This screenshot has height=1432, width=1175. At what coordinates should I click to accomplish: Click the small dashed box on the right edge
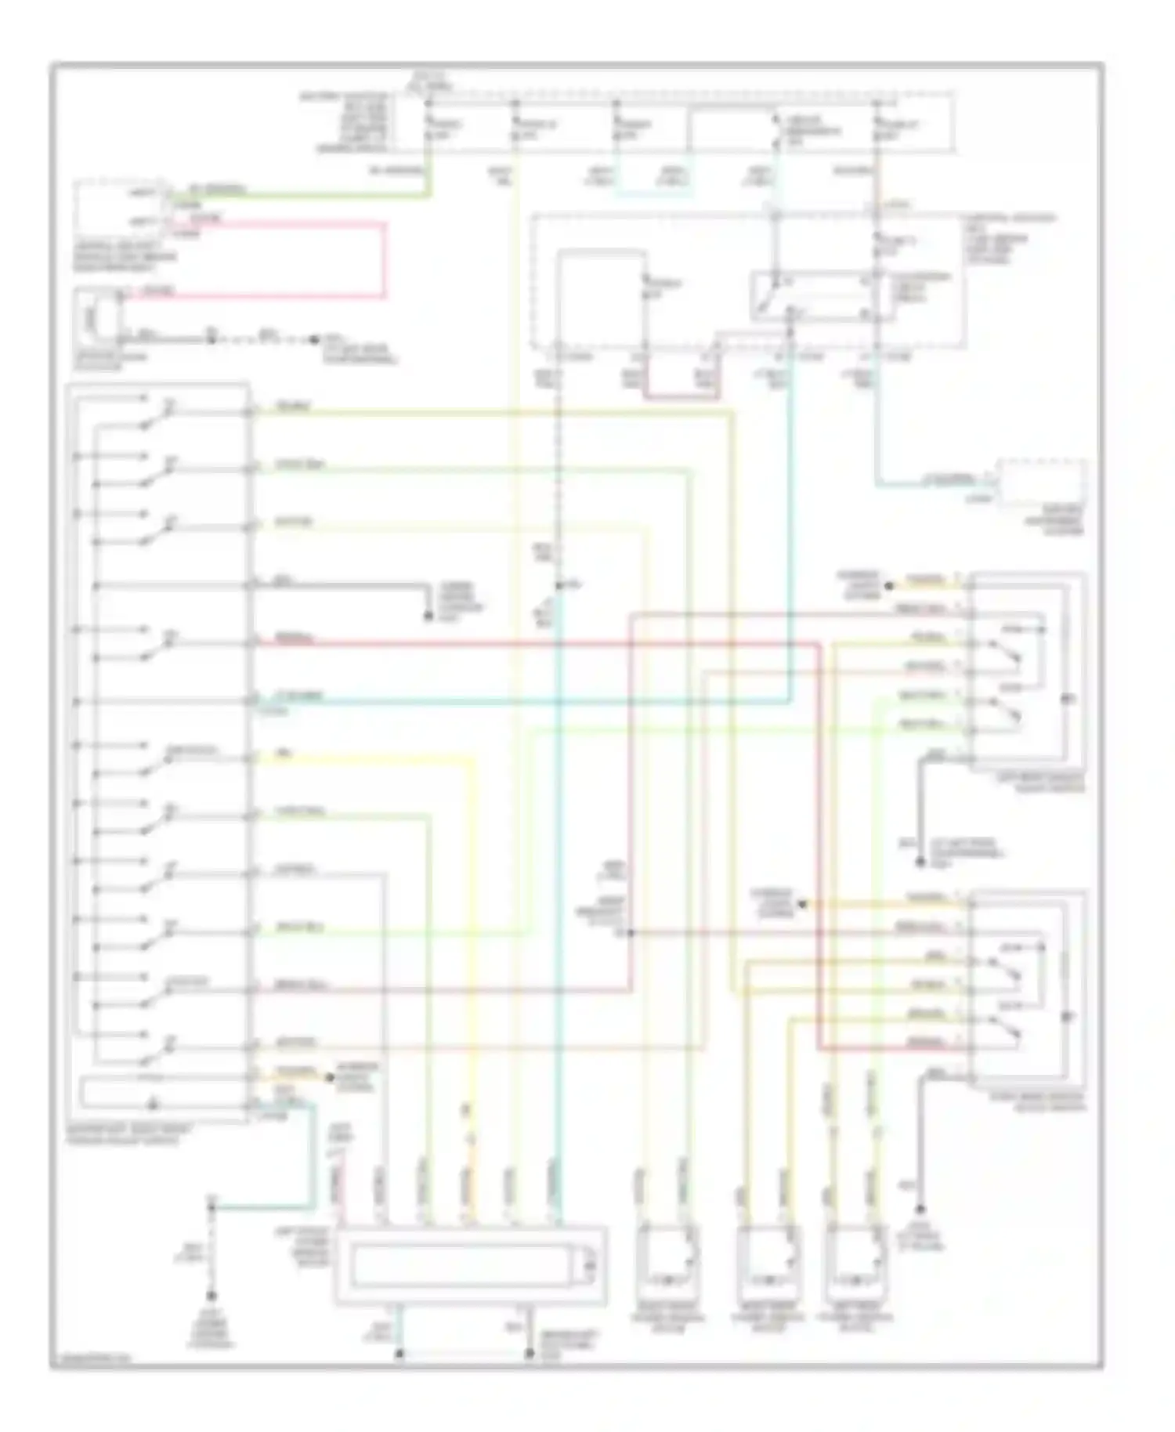coord(1041,483)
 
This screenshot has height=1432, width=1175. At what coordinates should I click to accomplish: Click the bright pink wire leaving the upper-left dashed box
coord(384,259)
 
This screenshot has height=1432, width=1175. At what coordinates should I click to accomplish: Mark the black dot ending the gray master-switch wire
coord(428,617)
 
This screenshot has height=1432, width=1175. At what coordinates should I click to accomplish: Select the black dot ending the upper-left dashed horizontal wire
coord(314,340)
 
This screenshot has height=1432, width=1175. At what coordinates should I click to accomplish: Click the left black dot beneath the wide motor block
coord(399,1353)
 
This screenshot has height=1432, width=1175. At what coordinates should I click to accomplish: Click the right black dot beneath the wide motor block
coord(527,1353)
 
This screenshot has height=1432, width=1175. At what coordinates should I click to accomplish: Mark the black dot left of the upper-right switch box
coord(889,585)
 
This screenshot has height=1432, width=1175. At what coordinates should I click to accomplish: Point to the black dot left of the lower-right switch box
coord(801,905)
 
